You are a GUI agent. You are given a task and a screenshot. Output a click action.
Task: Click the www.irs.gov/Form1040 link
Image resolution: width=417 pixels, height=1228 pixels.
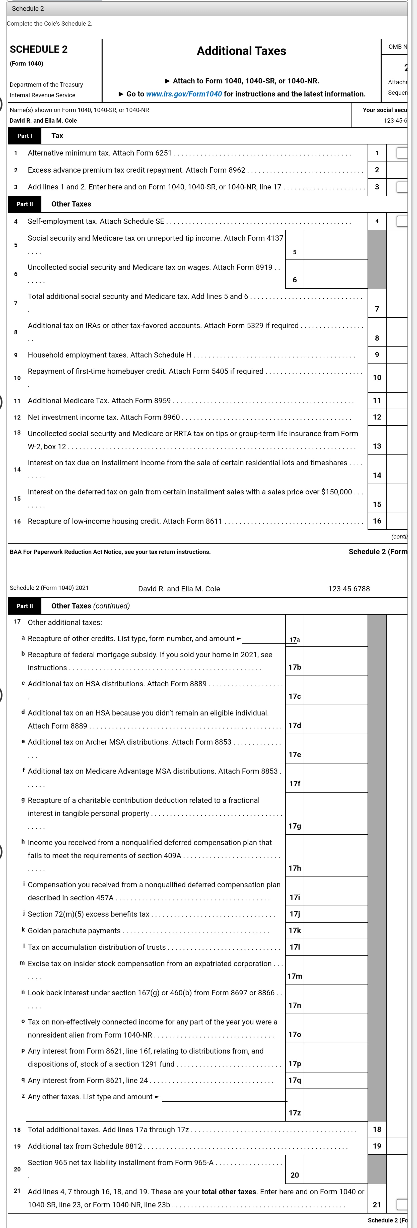184,94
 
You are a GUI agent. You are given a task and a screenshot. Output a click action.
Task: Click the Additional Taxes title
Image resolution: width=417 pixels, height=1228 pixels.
241,51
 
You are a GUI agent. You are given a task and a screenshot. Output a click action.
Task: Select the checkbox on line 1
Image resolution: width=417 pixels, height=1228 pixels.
402,153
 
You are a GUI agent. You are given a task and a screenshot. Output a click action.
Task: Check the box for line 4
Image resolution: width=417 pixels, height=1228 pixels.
402,221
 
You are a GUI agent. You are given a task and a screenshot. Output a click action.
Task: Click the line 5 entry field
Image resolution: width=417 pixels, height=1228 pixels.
335,245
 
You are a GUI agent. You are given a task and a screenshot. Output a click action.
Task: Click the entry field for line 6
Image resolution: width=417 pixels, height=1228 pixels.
335,274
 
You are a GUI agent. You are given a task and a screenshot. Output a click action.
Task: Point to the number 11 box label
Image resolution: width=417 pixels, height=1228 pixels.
377,400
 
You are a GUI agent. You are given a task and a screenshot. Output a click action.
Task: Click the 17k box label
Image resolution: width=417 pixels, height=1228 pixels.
295,931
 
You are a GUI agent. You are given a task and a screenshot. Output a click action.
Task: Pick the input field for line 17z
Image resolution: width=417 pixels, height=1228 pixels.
335,1105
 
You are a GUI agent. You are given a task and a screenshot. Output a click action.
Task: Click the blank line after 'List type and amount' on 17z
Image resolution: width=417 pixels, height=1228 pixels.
224,1097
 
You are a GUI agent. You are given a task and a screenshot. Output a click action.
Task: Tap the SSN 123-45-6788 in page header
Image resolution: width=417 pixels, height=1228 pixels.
349,589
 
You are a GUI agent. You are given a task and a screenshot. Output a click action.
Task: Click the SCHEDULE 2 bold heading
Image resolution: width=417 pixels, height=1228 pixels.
39,49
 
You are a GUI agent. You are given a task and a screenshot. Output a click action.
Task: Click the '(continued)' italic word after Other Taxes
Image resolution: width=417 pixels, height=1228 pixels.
111,606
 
